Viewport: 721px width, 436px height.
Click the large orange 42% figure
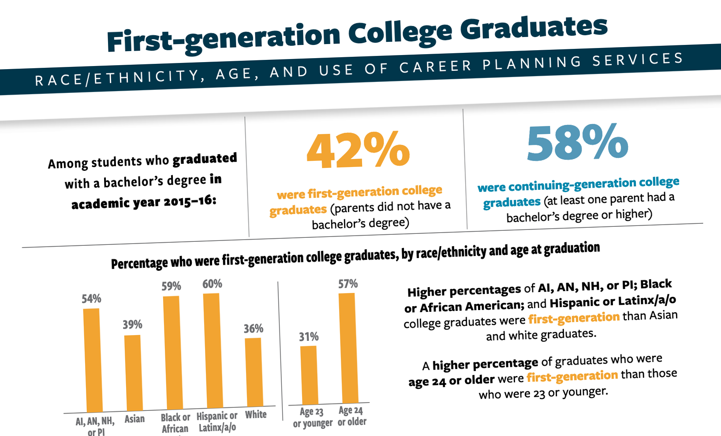(358, 151)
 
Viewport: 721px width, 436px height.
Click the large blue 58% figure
(577, 143)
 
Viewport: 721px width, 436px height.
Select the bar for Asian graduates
(133, 373)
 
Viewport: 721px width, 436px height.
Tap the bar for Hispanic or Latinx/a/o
(213, 350)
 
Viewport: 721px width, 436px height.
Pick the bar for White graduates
(254, 372)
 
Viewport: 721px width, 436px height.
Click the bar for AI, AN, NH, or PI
(93, 360)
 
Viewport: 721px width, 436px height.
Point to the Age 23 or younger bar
(309, 375)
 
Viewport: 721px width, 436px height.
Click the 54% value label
(91, 299)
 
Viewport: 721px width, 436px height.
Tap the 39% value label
(132, 325)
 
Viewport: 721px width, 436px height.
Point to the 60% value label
(212, 284)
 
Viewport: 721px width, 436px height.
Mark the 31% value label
(309, 337)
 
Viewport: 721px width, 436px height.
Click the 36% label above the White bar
(254, 329)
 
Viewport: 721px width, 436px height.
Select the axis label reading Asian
(134, 419)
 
